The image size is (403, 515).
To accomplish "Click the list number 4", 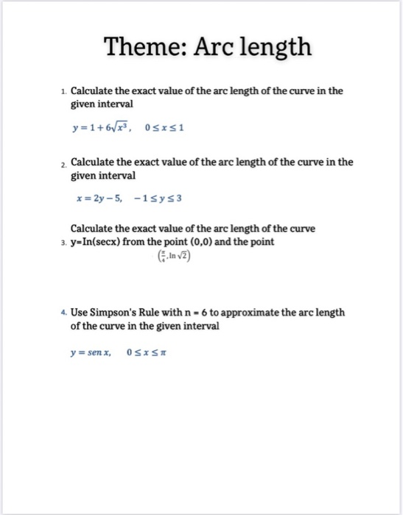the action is point(64,312).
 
